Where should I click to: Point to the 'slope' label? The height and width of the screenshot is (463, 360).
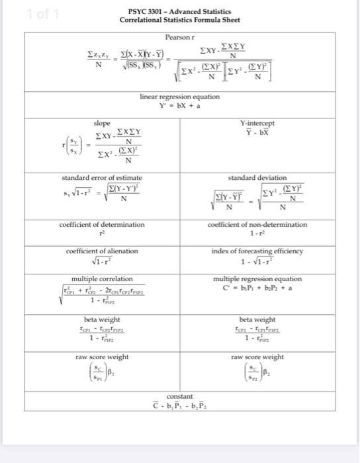[x=103, y=124]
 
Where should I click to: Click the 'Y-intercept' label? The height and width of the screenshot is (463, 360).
[x=258, y=124]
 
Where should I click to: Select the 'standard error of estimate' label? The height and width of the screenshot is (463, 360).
[x=102, y=177]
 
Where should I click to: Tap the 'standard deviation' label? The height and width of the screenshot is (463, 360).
[x=258, y=177]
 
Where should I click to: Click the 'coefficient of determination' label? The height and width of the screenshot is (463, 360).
[x=102, y=225]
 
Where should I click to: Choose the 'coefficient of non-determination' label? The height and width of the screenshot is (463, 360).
[x=258, y=225]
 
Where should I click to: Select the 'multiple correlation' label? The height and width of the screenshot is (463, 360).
[x=102, y=278]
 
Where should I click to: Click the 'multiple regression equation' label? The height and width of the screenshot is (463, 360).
[x=258, y=278]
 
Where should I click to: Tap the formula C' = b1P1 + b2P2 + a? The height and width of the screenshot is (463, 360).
[x=258, y=288]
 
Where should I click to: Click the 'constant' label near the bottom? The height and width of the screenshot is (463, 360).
[x=179, y=396]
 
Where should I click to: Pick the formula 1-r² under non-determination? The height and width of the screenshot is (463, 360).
[x=258, y=233]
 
